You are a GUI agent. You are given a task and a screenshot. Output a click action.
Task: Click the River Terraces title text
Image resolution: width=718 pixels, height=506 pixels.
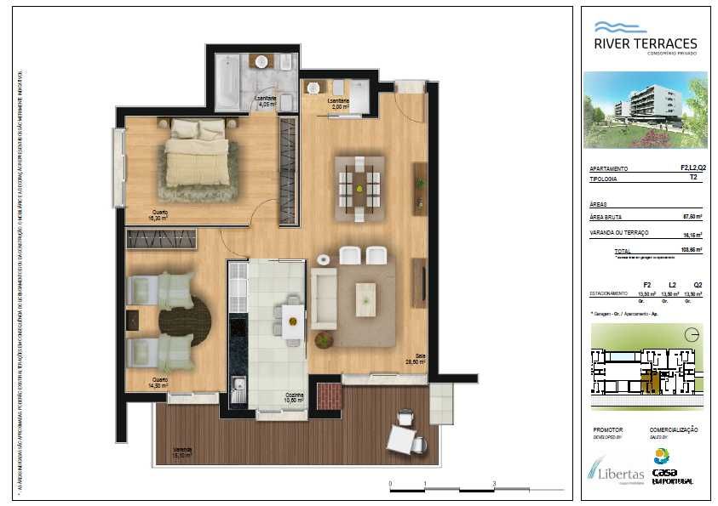tap(646, 43)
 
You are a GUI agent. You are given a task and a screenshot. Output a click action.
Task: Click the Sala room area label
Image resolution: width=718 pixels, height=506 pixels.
tap(415, 359)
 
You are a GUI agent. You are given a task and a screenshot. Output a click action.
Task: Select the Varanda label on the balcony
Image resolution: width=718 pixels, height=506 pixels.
tap(182, 451)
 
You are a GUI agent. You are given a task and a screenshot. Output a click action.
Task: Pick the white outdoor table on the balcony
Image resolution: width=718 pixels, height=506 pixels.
tap(402, 439)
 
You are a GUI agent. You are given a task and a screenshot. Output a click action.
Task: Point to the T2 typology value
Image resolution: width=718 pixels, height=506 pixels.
tap(694, 179)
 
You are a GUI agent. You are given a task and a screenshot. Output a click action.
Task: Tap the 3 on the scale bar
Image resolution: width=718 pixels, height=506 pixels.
tap(494, 483)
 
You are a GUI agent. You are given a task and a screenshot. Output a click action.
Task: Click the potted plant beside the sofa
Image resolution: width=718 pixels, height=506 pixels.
tap(324, 340)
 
